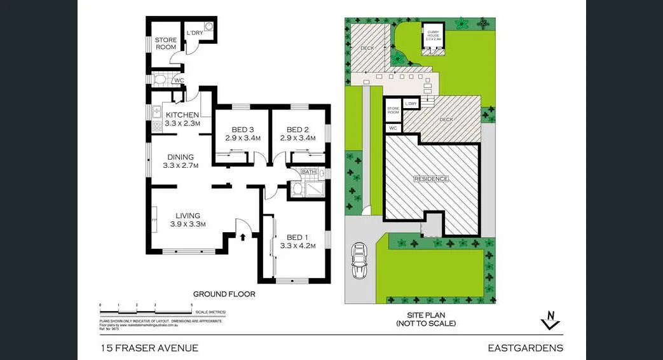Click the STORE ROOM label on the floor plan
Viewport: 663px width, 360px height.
pyautogui.click(x=166, y=44)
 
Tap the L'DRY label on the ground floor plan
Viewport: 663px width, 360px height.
pyautogui.click(x=194, y=34)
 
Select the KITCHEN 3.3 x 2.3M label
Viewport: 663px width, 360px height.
pyautogui.click(x=182, y=119)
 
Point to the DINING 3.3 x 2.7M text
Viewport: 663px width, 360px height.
pyautogui.click(x=181, y=162)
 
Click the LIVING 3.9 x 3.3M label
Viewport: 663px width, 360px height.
pyautogui.click(x=185, y=219)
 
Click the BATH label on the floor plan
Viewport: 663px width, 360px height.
pyautogui.click(x=308, y=172)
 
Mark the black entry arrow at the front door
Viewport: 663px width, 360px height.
pyautogui.click(x=243, y=237)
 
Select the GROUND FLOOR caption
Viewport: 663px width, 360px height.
pyautogui.click(x=224, y=294)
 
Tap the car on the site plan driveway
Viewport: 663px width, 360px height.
pyautogui.click(x=360, y=260)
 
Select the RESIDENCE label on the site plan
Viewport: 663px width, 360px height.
pyautogui.click(x=431, y=179)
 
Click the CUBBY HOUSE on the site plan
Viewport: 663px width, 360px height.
pyautogui.click(x=434, y=38)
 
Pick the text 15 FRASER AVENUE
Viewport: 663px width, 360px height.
pyautogui.click(x=149, y=348)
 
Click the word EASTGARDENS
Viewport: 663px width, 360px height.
pyautogui.click(x=525, y=348)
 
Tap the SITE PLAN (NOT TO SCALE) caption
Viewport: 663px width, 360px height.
pyautogui.click(x=425, y=319)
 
